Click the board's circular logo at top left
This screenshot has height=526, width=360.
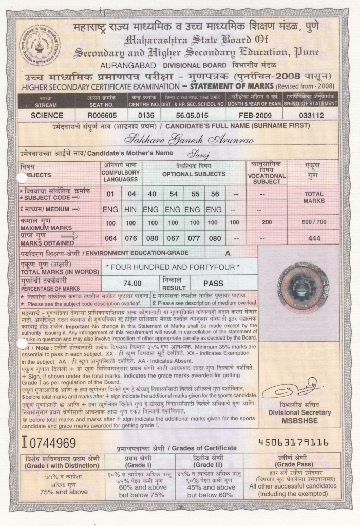coord(40,45)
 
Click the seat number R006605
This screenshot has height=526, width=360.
coord(102,116)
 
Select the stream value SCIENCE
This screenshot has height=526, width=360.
coord(47,116)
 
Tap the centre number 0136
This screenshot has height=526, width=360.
coord(141,116)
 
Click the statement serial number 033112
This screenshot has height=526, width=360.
coord(311,116)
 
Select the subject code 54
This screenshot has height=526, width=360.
coord(173,194)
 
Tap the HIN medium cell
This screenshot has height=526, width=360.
coord(131,210)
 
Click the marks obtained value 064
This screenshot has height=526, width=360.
coord(110,238)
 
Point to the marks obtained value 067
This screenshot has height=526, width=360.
coord(173,238)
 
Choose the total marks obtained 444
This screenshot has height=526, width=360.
coord(314,238)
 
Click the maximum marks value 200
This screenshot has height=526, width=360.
coord(267,223)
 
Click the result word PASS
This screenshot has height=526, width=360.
coord(213,283)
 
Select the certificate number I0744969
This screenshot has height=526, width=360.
coord(48,442)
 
